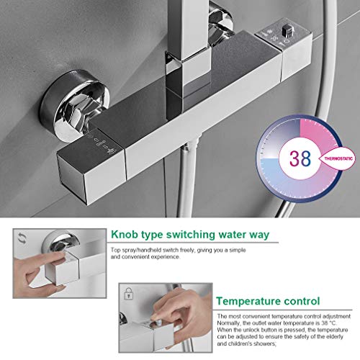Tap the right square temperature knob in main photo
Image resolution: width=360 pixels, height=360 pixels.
pyautogui.click(x=282, y=58)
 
